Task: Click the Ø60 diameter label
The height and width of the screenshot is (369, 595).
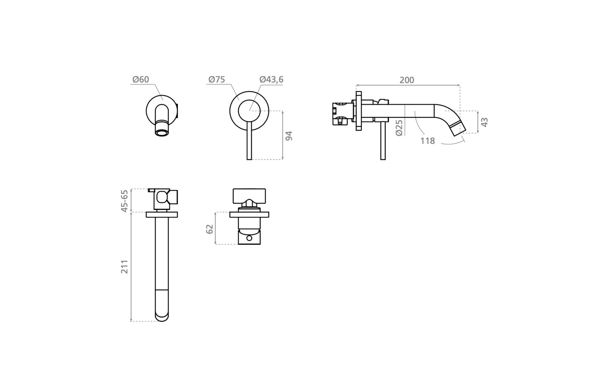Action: [141, 79]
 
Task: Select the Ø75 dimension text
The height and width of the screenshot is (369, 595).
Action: [217, 79]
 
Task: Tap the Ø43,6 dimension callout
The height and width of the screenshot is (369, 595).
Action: [271, 79]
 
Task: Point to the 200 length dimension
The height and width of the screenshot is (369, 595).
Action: [407, 80]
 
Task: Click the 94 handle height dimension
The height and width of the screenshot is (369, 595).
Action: [289, 136]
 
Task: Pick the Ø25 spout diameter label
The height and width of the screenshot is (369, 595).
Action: [399, 128]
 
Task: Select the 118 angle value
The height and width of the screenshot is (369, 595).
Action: [428, 141]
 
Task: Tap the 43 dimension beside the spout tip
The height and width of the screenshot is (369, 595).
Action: [485, 122]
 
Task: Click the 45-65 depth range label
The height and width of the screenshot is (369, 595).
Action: [124, 201]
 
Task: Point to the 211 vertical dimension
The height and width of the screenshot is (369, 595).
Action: [124, 267]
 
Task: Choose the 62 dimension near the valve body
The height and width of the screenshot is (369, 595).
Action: [209, 229]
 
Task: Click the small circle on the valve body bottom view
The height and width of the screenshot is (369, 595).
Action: [249, 238]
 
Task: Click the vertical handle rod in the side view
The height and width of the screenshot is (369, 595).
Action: [383, 140]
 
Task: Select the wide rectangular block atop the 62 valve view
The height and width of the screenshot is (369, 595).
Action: [250, 195]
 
